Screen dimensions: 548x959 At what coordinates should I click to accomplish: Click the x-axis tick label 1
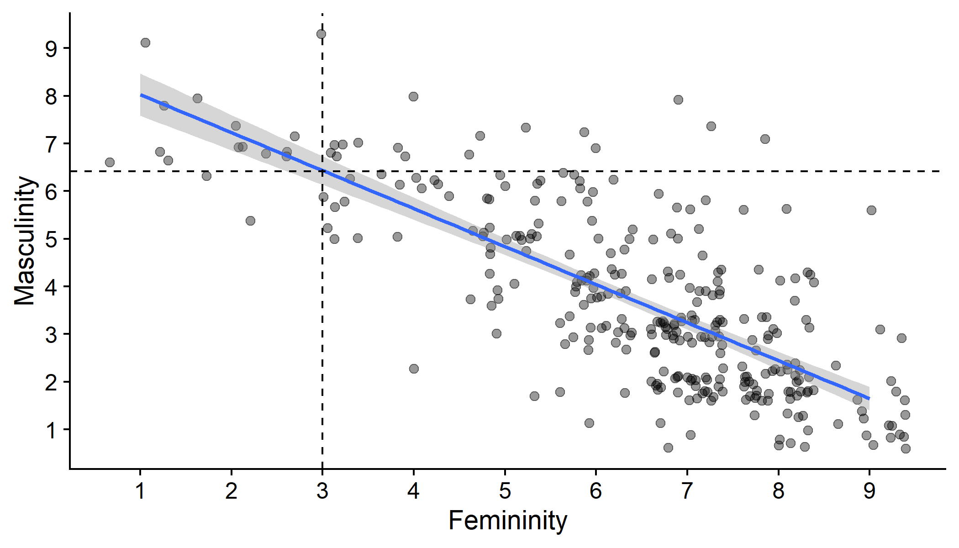140,491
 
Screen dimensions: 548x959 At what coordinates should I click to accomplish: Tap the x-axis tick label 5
505,491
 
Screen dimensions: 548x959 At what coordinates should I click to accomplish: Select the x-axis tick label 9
869,491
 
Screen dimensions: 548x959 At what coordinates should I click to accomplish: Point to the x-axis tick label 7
687,491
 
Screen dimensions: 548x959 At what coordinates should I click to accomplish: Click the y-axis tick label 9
51,48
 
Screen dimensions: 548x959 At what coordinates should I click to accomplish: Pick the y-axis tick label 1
51,430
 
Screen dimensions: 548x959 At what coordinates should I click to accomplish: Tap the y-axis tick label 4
51,287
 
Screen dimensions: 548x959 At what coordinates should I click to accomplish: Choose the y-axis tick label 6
51,191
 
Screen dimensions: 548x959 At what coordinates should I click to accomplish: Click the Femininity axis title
507,521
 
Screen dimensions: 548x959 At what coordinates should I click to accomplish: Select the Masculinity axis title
25,241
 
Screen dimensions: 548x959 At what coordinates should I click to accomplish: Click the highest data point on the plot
321,34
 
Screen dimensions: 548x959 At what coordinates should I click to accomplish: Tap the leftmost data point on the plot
110,162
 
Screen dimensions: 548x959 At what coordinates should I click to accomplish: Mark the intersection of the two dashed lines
322,171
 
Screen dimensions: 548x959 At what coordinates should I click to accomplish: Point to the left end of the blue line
141,95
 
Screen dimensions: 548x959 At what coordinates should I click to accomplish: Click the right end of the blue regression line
869,398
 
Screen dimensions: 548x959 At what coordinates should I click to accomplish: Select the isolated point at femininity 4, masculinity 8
413,96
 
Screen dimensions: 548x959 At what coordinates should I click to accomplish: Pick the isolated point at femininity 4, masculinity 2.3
414,369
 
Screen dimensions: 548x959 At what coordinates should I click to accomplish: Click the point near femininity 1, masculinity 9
145,42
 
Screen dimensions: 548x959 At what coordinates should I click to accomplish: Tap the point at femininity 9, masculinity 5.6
871,210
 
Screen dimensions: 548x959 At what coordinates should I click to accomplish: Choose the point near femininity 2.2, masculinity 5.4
250,221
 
